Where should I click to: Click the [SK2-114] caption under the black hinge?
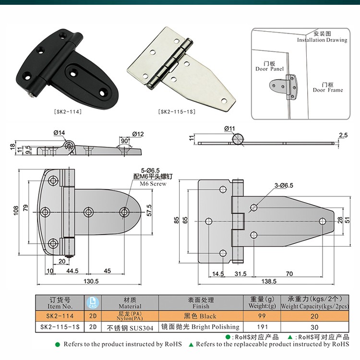click(68, 112)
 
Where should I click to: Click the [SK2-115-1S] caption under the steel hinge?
click(177, 112)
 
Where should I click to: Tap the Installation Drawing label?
click(322, 40)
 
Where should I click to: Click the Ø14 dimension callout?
click(59, 132)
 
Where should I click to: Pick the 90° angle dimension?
click(125, 141)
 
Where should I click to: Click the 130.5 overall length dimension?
click(91, 281)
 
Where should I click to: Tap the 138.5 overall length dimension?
click(269, 281)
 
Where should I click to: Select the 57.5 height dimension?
click(149, 210)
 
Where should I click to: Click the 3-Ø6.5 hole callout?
click(284, 185)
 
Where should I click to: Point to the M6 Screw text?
click(153, 184)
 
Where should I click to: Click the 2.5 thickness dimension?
click(343, 135)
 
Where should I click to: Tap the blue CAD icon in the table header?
click(93, 302)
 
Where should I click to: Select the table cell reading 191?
click(262, 327)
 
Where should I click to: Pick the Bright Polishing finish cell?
click(201, 327)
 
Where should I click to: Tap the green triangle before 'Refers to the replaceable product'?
click(191, 344)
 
